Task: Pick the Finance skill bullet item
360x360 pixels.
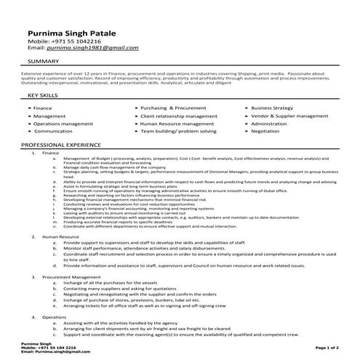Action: (x=44, y=108)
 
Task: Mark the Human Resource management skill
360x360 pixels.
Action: (x=177, y=124)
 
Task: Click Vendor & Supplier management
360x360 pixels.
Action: (x=289, y=116)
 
